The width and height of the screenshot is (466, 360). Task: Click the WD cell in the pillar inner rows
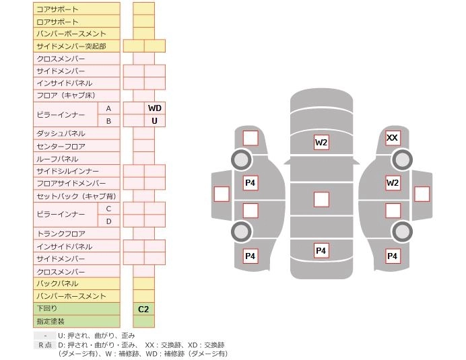(155, 108)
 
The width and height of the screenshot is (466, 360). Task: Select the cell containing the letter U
(155, 120)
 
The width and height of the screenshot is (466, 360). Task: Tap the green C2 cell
(143, 309)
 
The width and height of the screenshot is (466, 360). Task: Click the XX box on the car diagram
(393, 139)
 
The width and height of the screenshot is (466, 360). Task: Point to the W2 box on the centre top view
(321, 142)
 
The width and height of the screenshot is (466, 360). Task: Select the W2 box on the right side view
(393, 183)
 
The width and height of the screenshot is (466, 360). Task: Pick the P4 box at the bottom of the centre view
(321, 251)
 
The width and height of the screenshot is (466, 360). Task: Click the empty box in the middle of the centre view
(321, 199)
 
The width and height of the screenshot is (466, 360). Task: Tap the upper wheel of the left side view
(240, 160)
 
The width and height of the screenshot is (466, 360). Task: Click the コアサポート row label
(77, 9)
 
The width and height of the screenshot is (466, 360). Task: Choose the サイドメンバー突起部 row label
(77, 46)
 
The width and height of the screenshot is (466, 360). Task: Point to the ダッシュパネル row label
(77, 133)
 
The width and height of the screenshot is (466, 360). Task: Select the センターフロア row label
(77, 146)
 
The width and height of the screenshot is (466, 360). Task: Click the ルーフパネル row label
(77, 159)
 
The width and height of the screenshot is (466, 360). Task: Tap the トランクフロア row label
(77, 233)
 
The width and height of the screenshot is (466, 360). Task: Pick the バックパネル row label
(77, 283)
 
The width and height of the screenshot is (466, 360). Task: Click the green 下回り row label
(77, 309)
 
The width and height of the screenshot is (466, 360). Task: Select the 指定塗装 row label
(77, 322)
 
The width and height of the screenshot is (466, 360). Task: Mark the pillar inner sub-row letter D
(108, 221)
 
